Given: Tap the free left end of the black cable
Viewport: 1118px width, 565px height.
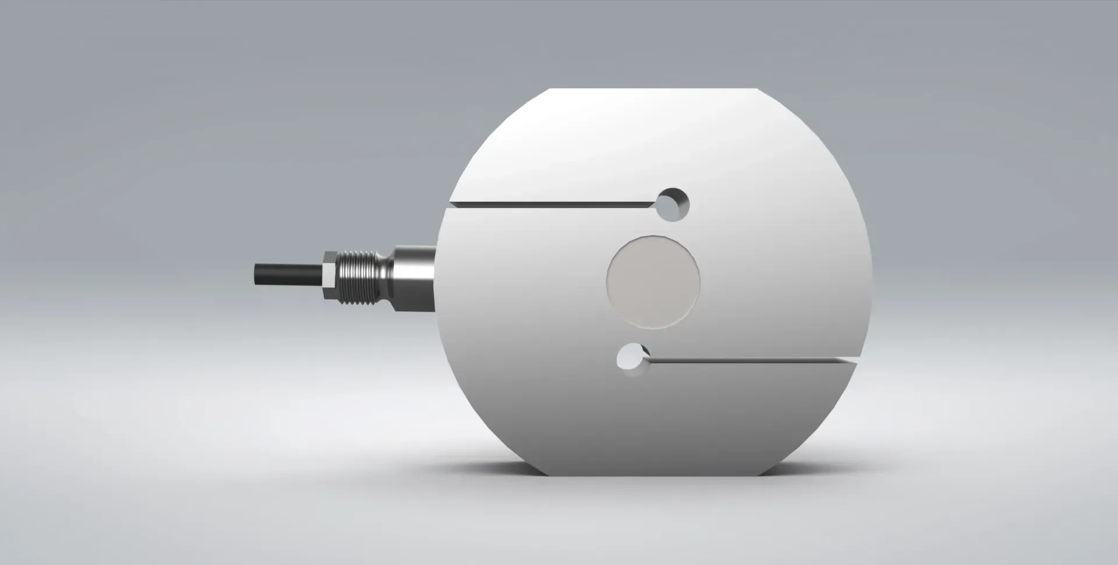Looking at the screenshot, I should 256,274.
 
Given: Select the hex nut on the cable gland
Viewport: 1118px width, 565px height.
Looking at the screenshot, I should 330,275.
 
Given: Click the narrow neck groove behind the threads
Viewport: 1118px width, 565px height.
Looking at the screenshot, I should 387,275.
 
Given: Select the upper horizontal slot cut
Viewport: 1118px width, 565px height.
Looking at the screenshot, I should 553,205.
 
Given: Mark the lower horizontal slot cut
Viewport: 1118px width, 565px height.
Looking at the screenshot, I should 751,362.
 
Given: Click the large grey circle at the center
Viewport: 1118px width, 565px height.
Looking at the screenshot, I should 653,282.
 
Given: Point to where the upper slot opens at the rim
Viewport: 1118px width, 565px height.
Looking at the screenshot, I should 450,206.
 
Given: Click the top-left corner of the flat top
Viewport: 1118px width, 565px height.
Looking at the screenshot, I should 551,89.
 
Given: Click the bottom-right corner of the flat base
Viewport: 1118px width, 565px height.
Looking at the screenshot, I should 758,475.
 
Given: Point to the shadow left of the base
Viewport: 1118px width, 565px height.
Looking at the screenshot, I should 501,469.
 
